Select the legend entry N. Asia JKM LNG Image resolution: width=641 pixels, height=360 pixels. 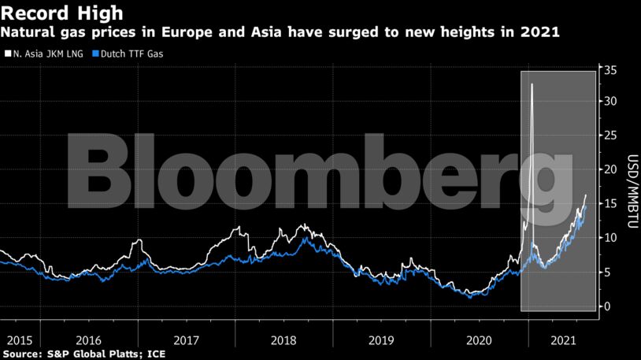click(x=44, y=54)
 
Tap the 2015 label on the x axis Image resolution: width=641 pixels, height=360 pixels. click(x=19, y=341)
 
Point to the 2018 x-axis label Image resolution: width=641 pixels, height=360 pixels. click(x=282, y=341)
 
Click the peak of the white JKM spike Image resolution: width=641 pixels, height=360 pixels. click(x=532, y=84)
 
